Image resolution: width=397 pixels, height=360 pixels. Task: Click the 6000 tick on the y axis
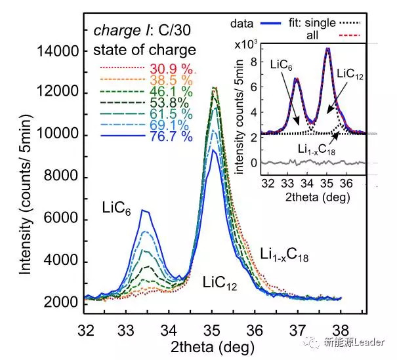click(x=64, y=220)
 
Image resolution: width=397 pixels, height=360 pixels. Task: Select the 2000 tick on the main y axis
click(x=64, y=304)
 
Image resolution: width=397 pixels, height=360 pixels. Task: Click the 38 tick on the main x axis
click(x=341, y=327)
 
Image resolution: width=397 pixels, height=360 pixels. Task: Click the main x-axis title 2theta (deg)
click(x=214, y=345)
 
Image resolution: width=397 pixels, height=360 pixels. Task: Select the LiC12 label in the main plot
click(x=219, y=283)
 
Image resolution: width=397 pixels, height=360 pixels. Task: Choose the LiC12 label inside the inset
click(x=350, y=77)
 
